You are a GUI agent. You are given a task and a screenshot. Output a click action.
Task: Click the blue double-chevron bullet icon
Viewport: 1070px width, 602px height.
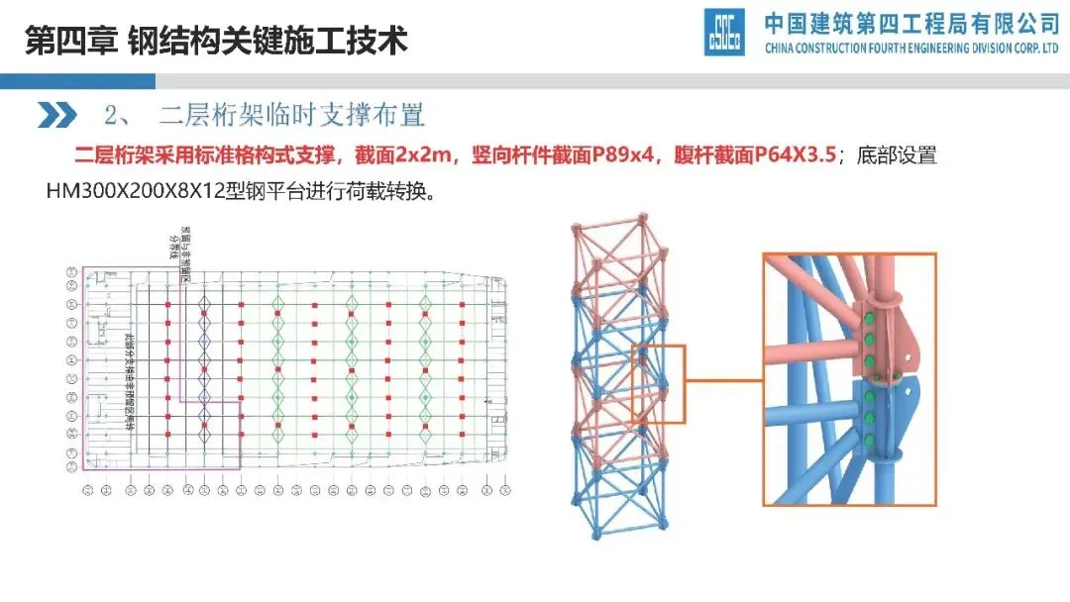point(56,115)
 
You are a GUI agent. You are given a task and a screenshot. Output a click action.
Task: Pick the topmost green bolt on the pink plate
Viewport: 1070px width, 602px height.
point(869,319)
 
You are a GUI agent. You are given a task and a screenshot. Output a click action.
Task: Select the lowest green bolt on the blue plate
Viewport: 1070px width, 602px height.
point(869,440)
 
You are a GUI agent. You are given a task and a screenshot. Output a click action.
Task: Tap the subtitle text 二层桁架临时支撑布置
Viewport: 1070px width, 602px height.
point(292,116)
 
